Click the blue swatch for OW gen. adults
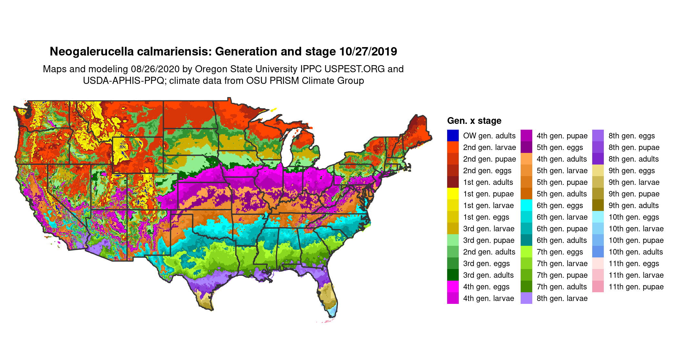click(453, 135)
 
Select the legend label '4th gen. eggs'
click(486, 286)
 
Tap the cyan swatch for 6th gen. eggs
click(526, 205)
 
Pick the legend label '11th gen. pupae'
click(636, 286)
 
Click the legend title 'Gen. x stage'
click(474, 121)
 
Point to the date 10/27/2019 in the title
click(368, 52)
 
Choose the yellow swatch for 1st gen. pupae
click(453, 194)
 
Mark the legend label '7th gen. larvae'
click(562, 263)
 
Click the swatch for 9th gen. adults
click(598, 205)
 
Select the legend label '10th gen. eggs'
click(633, 217)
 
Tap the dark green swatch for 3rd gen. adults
click(453, 275)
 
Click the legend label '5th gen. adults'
click(562, 194)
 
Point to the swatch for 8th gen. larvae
click(526, 298)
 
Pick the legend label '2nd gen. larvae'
click(489, 147)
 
